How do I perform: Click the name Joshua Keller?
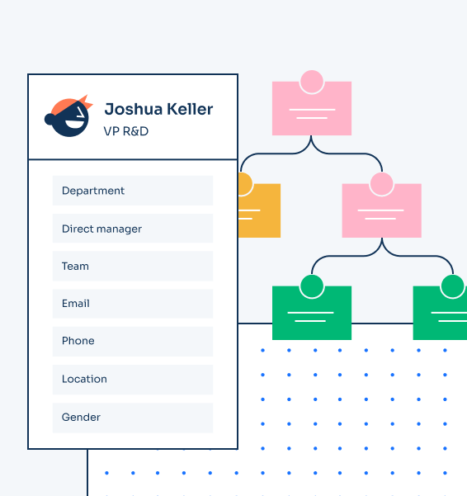tap(158, 109)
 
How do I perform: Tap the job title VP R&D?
tap(126, 131)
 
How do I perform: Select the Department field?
tap(133, 191)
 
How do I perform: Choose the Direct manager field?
tap(133, 229)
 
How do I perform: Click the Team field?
tap(133, 266)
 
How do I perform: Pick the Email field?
tap(133, 304)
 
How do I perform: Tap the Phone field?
tap(133, 342)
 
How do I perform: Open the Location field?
tap(133, 380)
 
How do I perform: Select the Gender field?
tap(133, 418)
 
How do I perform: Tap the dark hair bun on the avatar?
tap(49, 120)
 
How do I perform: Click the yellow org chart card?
tap(259, 210)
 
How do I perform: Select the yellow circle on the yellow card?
tap(245, 184)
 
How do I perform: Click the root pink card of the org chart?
tap(312, 108)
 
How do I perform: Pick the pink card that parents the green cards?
tap(382, 210)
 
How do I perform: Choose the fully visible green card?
tap(312, 313)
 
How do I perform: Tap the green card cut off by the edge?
tap(440, 313)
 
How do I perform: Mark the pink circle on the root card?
tap(312, 82)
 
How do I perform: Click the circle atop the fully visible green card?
tap(312, 286)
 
